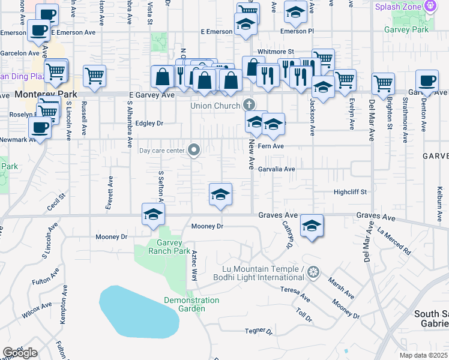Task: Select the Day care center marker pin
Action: pyautogui.click(x=194, y=149)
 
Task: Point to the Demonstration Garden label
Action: pyautogui.click(x=191, y=304)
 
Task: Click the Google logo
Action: pyautogui.click(x=20, y=353)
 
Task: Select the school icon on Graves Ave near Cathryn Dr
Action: pyautogui.click(x=312, y=226)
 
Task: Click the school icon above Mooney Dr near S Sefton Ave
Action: pyautogui.click(x=153, y=213)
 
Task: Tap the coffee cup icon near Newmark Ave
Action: pyautogui.click(x=40, y=127)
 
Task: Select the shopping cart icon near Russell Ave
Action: pyautogui.click(x=94, y=75)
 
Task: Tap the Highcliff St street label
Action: pyautogui.click(x=350, y=192)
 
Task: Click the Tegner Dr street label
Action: pyautogui.click(x=259, y=331)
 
